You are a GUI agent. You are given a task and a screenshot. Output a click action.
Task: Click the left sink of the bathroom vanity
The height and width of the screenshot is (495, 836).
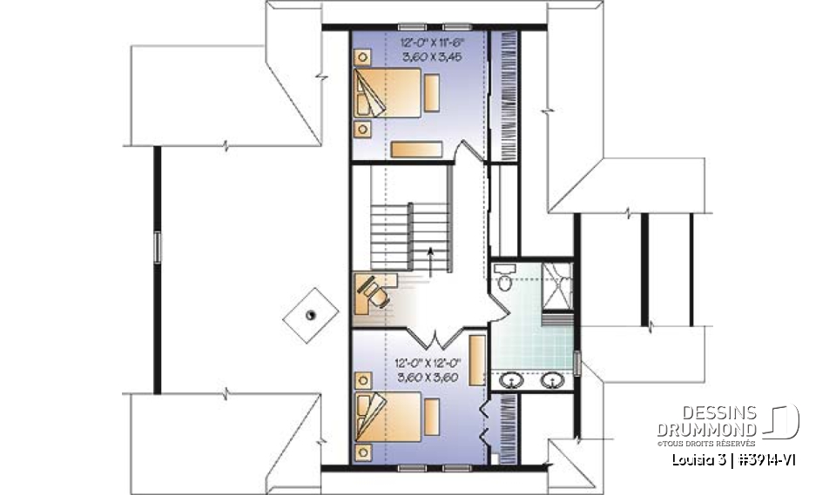[x=513, y=379]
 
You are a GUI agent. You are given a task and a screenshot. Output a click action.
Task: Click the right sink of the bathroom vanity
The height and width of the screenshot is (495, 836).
[x=550, y=379]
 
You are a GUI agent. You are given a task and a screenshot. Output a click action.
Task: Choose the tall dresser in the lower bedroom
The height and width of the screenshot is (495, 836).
[x=477, y=358]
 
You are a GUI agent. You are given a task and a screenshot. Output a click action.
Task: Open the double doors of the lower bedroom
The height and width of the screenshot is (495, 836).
[x=436, y=335]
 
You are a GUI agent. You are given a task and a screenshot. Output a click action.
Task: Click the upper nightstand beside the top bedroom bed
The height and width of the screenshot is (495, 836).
[x=361, y=57]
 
